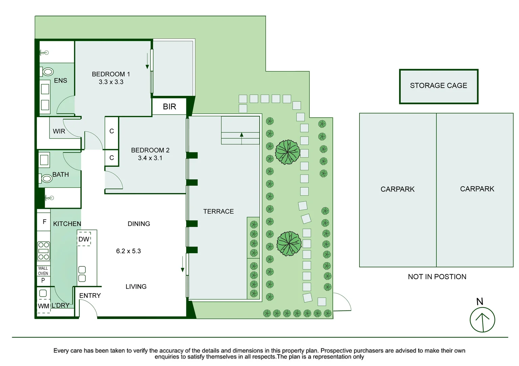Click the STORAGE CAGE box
(x=438, y=86)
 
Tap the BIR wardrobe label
(x=169, y=107)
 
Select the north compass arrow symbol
(x=482, y=320)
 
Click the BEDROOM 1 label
(x=111, y=74)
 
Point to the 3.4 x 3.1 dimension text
(x=150, y=158)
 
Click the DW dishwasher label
(x=84, y=239)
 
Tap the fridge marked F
(x=44, y=222)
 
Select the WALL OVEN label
(x=43, y=271)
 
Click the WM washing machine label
(x=43, y=306)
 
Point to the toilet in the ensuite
(x=47, y=72)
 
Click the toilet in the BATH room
(x=46, y=178)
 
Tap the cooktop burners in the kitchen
(x=44, y=251)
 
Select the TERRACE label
(x=219, y=211)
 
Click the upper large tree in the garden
(x=287, y=152)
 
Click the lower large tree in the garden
(x=289, y=244)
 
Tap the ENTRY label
(x=90, y=296)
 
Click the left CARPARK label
(x=397, y=189)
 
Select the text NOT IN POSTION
(x=437, y=277)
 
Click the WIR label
(x=59, y=131)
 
